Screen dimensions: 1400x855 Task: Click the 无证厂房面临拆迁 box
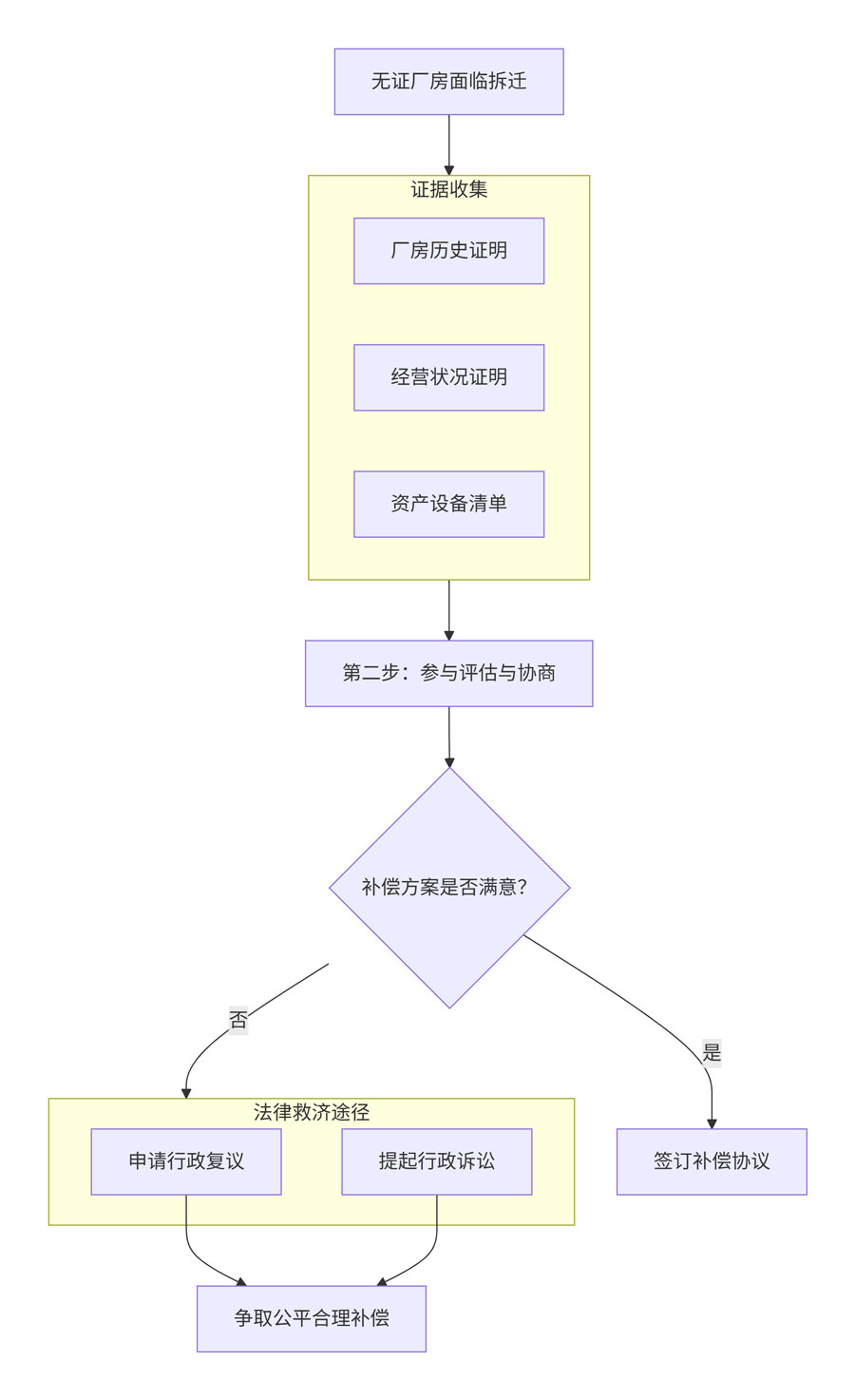448,82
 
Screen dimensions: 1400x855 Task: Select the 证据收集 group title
448,189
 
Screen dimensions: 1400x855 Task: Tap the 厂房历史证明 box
448,251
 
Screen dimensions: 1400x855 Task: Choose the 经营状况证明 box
448,377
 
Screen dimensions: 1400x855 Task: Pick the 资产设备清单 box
448,504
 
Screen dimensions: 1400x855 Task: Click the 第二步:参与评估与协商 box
448,673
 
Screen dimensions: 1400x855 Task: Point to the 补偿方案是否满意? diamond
449,887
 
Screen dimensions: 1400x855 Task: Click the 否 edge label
238,1021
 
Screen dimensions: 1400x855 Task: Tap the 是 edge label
712,1053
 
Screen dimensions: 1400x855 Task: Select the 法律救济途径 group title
312,1112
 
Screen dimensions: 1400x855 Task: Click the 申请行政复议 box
186,1161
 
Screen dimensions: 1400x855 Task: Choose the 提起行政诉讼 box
436,1161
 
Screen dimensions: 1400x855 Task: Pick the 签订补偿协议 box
712,1161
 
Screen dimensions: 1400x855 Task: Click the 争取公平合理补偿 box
312,1318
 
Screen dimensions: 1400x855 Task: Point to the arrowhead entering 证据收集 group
449,169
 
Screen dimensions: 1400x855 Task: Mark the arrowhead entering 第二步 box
449,634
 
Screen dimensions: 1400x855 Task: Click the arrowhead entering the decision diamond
449,761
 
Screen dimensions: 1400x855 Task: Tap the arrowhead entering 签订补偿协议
712,1122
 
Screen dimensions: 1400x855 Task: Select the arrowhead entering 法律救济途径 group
186,1092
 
